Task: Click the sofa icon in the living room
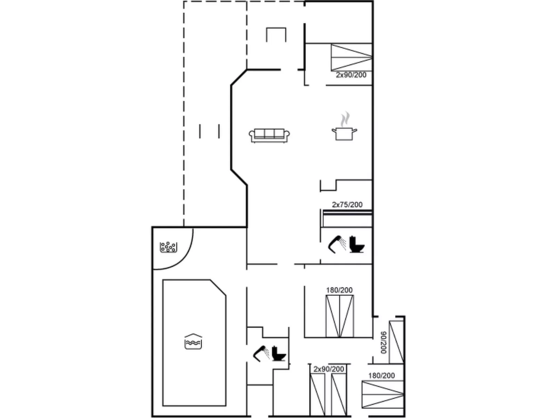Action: click(269, 135)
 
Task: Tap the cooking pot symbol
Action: click(344, 134)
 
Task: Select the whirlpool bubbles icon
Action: click(168, 247)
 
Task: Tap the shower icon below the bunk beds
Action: click(337, 244)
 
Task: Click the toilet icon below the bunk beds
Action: click(357, 244)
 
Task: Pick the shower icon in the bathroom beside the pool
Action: click(262, 353)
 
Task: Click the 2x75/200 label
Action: click(347, 204)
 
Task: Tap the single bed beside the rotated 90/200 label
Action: click(396, 342)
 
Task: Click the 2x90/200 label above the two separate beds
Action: click(328, 369)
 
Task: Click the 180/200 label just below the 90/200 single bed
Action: click(381, 376)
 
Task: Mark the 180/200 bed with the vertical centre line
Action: click(340, 316)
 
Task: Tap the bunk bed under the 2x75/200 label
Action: click(347, 218)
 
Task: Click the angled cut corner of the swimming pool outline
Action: click(218, 288)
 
